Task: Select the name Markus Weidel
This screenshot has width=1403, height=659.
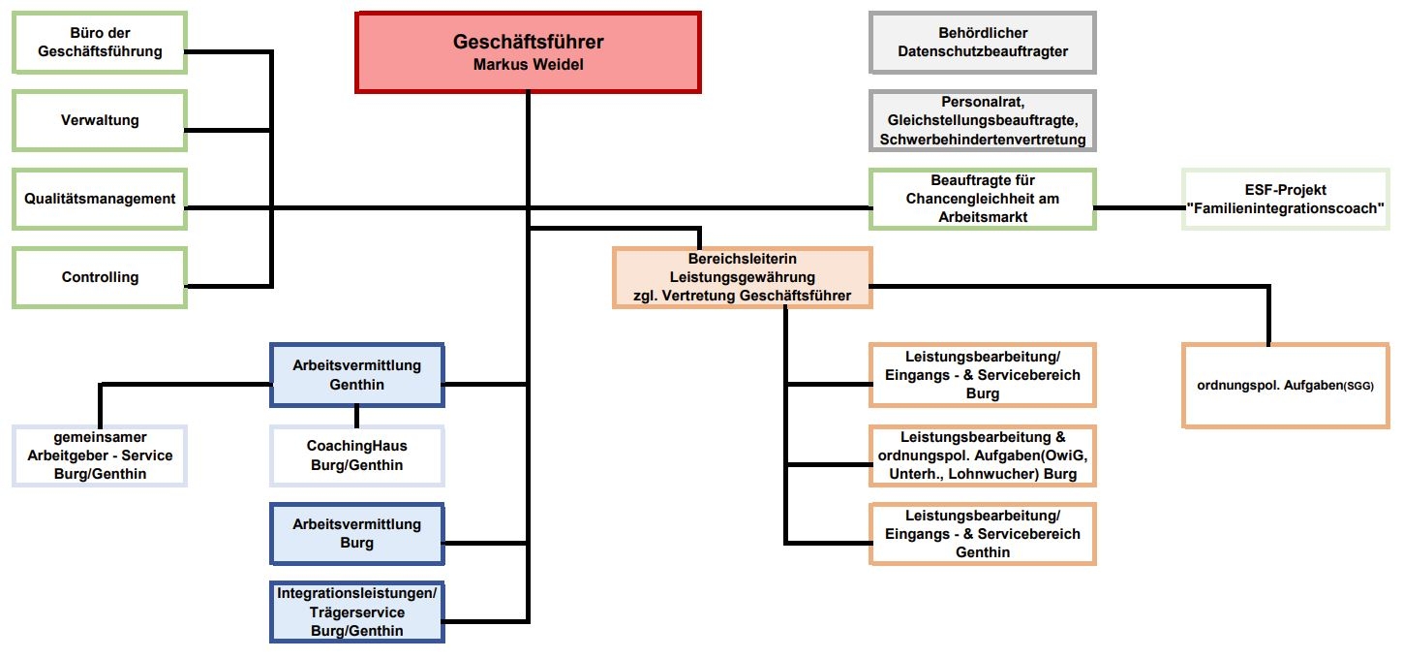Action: [528, 65]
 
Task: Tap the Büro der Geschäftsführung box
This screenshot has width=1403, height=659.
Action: [100, 43]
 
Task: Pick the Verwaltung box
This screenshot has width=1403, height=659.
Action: [100, 120]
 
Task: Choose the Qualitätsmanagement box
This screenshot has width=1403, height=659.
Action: [100, 199]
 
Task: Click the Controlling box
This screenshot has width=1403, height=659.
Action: [100, 277]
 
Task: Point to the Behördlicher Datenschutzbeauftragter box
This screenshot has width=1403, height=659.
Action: [982, 43]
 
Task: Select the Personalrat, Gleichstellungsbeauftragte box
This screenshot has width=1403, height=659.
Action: [982, 120]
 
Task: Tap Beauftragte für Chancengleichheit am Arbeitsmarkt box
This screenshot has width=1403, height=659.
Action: [982, 199]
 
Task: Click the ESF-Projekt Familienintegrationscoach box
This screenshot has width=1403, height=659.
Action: [1285, 199]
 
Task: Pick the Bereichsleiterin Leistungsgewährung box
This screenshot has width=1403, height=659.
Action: [742, 278]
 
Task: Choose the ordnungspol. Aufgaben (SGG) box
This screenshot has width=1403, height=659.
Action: [1285, 385]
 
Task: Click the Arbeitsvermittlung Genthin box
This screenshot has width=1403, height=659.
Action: [356, 375]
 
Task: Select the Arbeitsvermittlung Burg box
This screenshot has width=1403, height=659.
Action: [356, 533]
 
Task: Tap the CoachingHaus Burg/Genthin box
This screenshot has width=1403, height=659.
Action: [356, 455]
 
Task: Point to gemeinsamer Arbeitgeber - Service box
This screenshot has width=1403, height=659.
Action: [100, 455]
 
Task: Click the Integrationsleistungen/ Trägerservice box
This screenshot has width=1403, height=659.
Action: [356, 612]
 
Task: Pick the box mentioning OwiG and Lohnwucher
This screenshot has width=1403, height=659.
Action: [982, 455]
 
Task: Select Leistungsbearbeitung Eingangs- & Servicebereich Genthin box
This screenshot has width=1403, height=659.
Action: [982, 533]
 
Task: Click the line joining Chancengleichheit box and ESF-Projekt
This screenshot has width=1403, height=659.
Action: [1139, 207]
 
